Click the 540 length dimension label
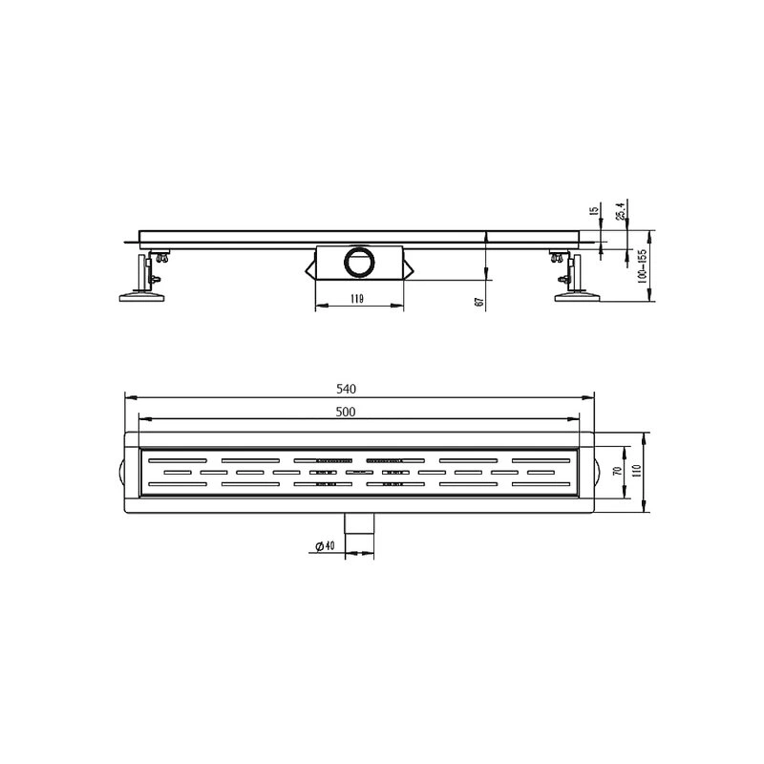(x=346, y=389)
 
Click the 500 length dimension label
(x=346, y=412)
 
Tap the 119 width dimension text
(x=357, y=299)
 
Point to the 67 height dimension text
(x=479, y=302)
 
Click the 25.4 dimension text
(x=620, y=210)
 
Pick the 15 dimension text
(x=593, y=210)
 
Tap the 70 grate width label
(x=617, y=471)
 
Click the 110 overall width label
(x=636, y=471)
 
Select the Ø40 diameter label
(x=325, y=545)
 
